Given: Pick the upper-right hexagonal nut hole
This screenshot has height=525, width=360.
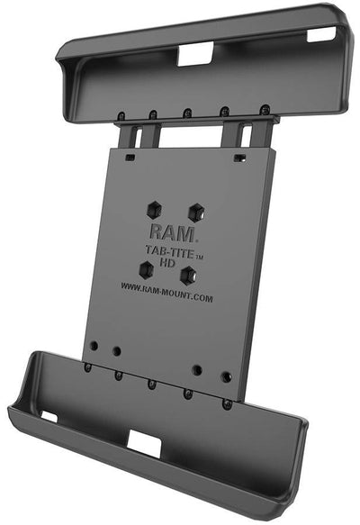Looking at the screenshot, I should click(195, 211).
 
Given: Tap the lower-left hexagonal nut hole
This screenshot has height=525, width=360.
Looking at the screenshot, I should click(145, 268).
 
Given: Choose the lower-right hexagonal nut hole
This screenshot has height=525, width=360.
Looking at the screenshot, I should click(188, 274).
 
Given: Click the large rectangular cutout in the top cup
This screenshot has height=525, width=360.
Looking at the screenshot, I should click(193, 56).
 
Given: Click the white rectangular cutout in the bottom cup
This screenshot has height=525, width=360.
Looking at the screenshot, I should click(143, 440).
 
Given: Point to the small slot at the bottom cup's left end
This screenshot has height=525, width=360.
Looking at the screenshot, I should click(48, 417).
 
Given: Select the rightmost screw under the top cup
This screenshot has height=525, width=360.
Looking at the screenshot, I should click(265, 109).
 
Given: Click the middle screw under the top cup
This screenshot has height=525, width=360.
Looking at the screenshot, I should click(186, 113).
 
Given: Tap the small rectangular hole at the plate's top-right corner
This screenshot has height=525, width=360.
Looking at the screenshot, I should click(238, 157).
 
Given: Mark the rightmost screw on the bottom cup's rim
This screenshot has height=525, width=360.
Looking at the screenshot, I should click(227, 403).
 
